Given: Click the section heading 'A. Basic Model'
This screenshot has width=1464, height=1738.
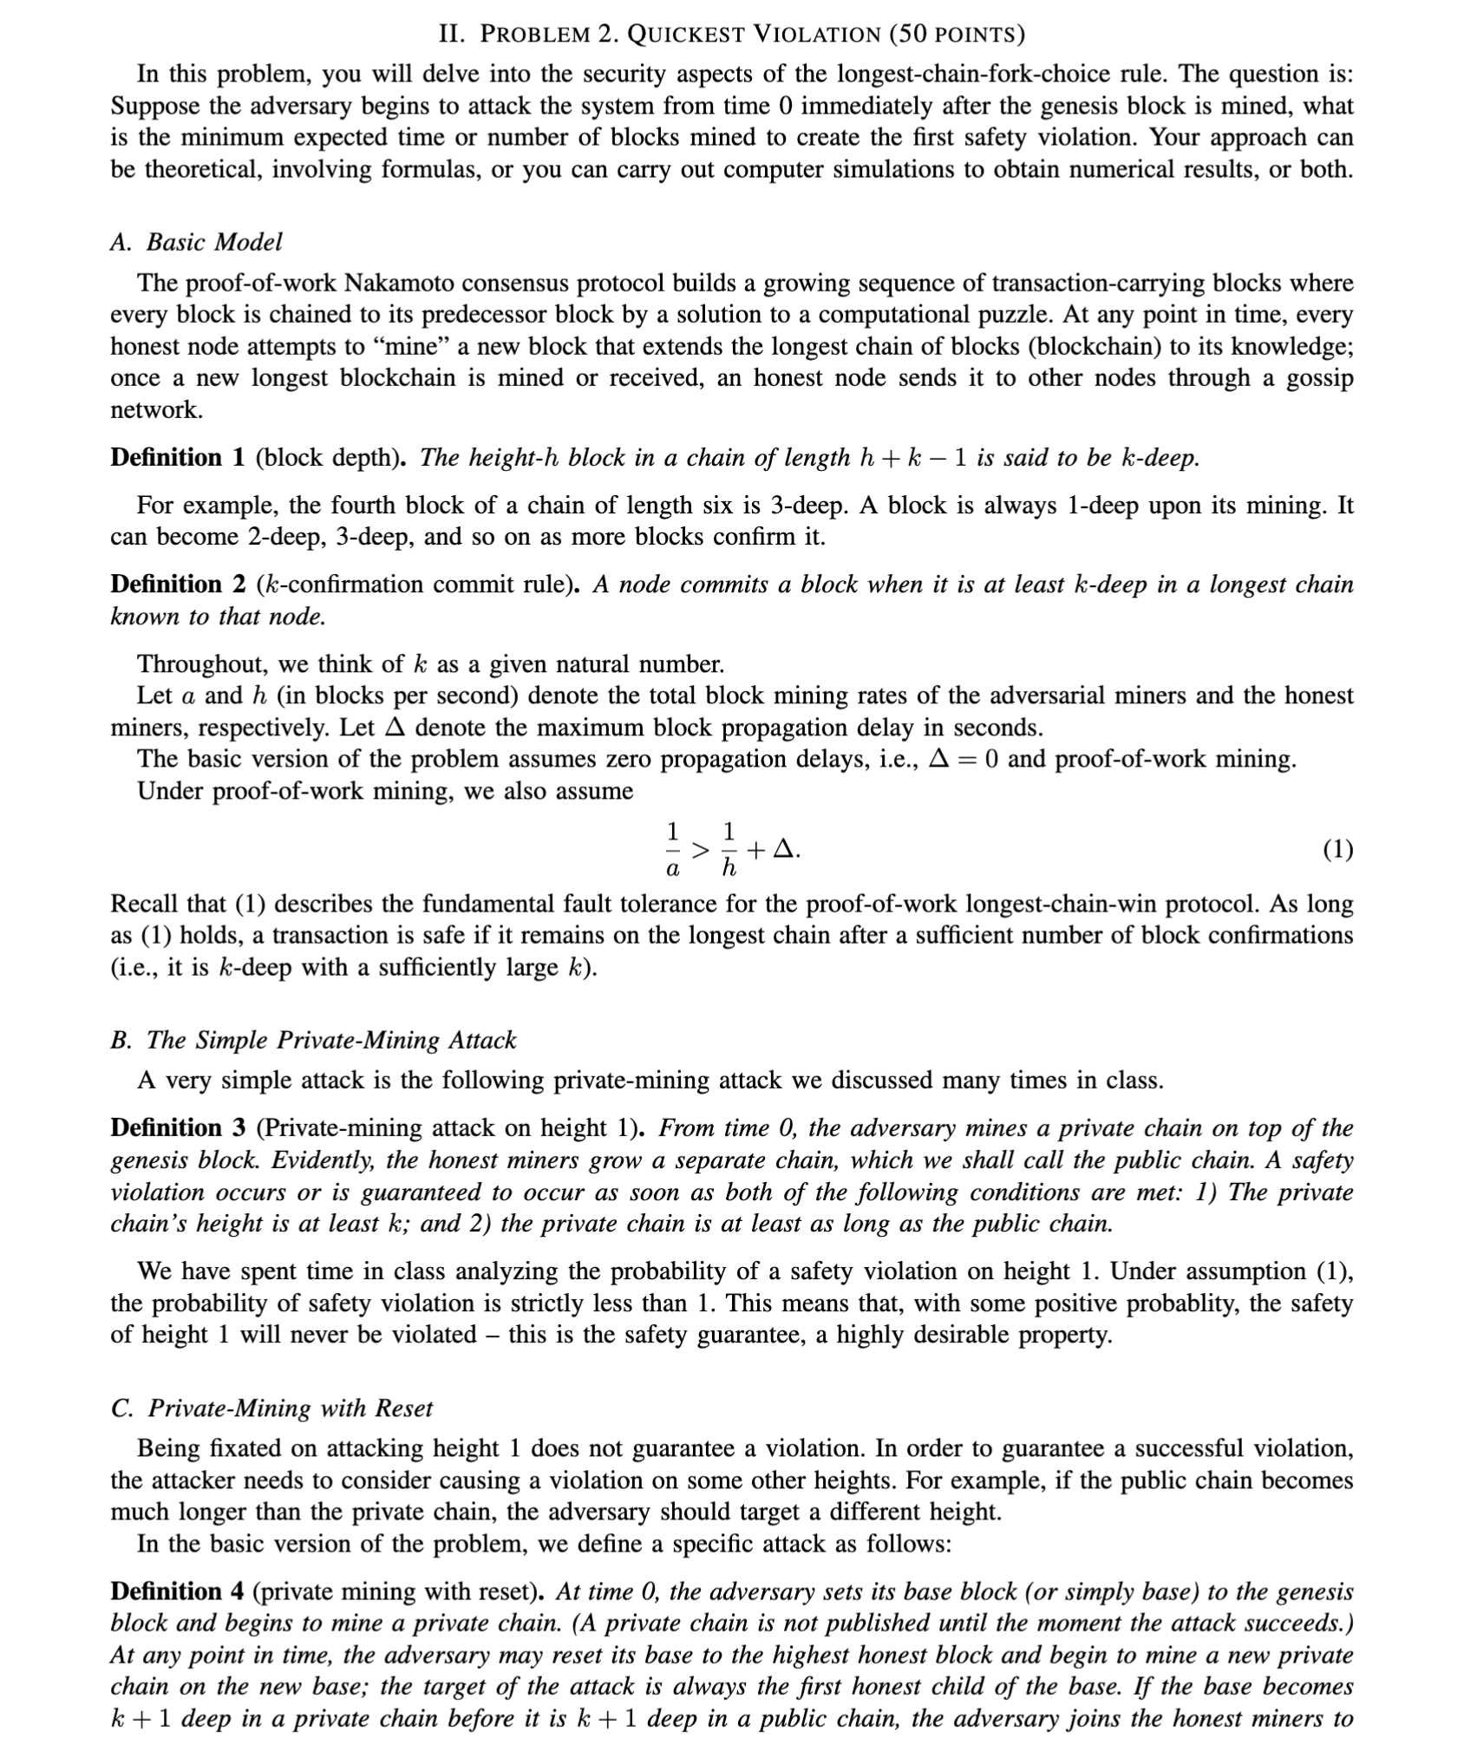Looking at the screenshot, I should click(196, 242).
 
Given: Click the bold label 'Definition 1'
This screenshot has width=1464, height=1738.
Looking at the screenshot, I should click(178, 457).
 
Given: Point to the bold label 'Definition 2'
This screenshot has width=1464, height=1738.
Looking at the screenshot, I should click(178, 585).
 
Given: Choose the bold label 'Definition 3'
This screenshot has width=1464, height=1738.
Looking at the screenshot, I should click(178, 1128).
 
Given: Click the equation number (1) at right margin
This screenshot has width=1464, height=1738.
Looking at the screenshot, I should click(1337, 850).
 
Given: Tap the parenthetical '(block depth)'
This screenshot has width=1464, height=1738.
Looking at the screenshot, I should click(330, 457).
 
